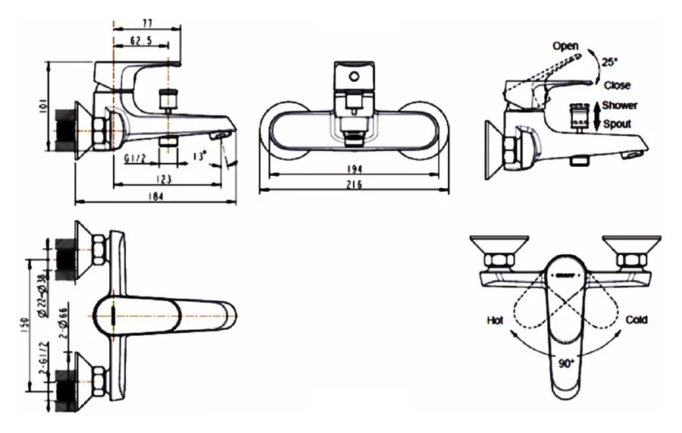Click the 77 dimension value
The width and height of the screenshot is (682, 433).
point(147,23)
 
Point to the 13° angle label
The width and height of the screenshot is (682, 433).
point(200,155)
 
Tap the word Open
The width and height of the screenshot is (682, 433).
point(565,46)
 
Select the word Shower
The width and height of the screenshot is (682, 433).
point(620,105)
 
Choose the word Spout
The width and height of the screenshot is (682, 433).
point(617,122)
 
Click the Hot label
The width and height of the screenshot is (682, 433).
point(495,321)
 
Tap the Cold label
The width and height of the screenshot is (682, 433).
point(637,321)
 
